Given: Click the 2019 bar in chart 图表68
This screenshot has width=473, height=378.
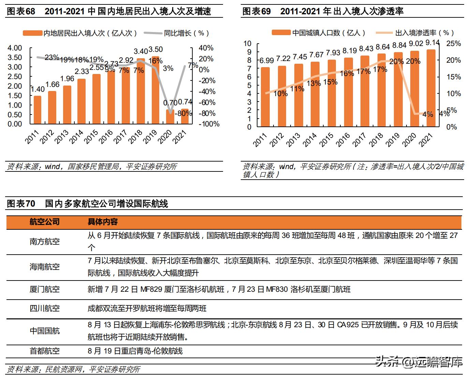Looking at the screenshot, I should click(x=155, y=90).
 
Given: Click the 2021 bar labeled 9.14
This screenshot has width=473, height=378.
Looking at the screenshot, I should click(x=431, y=88).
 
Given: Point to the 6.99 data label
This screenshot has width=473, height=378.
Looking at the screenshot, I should click(x=266, y=61).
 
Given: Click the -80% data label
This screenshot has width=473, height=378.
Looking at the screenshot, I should click(x=183, y=114).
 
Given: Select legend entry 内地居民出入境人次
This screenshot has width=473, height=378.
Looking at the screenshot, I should click(x=80, y=33).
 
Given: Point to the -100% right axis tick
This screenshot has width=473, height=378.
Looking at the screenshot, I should click(x=209, y=124).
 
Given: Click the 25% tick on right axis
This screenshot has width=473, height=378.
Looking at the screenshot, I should click(x=453, y=44).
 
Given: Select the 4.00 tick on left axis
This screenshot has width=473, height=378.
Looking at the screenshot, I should click(x=15, y=48).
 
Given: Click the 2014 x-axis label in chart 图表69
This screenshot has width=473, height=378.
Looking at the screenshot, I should click(x=309, y=140).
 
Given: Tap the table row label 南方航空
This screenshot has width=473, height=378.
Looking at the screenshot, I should click(x=45, y=242).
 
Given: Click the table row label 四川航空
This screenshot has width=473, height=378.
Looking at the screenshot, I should click(x=45, y=308).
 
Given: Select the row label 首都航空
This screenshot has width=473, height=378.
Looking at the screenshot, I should click(x=45, y=351).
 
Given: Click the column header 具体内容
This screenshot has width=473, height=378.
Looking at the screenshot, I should click(x=103, y=222).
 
